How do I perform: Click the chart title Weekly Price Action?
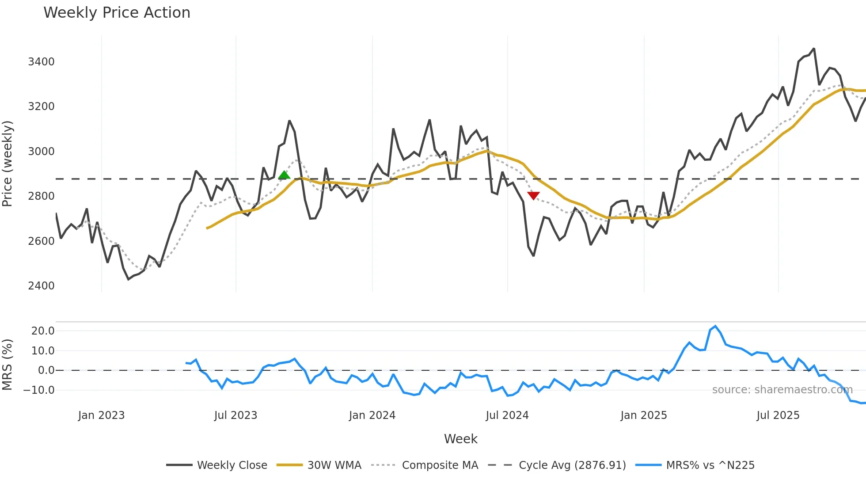(117, 13)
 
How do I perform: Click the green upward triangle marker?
(284, 175)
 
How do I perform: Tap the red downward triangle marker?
(533, 195)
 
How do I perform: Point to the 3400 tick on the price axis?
(41, 62)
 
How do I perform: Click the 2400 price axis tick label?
(41, 286)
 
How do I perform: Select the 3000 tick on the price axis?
(41, 152)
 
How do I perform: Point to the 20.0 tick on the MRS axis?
(43, 331)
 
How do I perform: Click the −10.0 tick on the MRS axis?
(39, 390)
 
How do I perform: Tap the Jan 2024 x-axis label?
(372, 415)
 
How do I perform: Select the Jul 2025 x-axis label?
(778, 415)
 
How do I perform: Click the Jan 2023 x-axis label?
(101, 415)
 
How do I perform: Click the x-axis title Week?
(460, 439)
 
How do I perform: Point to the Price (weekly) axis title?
(8, 164)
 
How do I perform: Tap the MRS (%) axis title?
(8, 365)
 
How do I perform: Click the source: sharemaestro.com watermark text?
(782, 390)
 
